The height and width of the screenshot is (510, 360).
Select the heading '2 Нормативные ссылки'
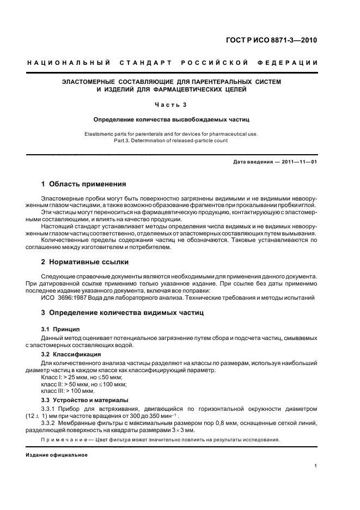[83, 261]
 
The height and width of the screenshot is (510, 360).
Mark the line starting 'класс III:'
[68, 391]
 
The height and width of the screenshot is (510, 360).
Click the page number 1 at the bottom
[316, 466]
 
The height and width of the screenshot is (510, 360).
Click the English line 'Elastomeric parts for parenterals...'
[172, 133]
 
